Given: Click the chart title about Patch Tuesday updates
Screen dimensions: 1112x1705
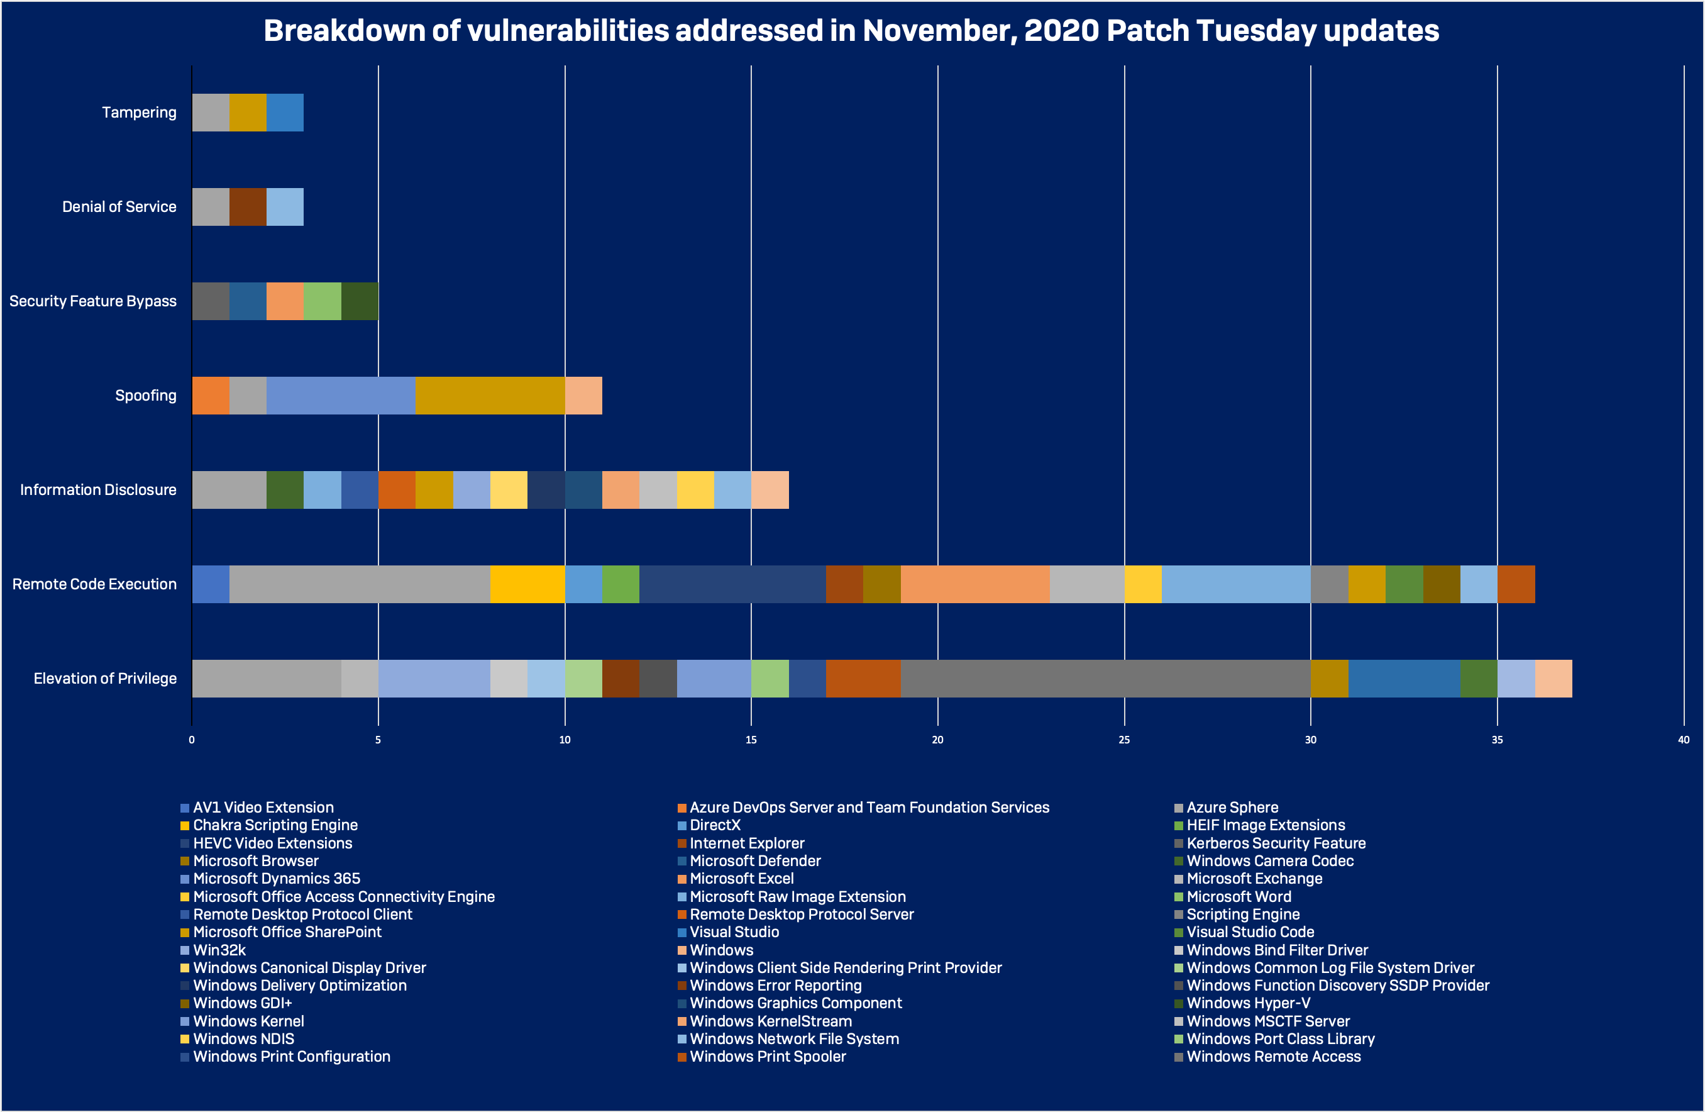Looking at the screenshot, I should pos(851,31).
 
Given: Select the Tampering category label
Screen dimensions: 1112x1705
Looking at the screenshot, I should pos(139,113).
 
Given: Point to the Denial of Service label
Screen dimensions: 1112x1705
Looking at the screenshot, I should pos(119,207).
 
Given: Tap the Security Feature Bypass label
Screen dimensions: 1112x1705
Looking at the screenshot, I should pos(92,301).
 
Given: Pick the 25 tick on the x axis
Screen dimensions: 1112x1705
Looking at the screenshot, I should pos(1124,740).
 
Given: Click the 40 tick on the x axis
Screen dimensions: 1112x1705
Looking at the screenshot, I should pos(1683,740).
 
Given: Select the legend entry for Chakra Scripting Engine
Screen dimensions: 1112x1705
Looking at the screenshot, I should pos(275,825).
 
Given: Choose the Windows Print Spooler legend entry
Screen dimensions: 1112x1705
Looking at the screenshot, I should pos(767,1057).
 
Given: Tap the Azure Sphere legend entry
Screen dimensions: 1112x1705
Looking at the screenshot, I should pos(1232,808).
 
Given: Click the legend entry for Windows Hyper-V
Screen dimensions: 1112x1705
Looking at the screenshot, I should pos(1248,1003).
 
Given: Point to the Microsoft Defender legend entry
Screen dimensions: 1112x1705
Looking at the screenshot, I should pos(755,861).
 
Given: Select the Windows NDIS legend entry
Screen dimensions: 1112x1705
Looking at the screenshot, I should pos(243,1039).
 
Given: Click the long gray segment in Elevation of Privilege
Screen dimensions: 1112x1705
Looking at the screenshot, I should pos(1105,679).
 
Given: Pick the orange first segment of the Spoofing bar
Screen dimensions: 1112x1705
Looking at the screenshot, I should pos(211,396).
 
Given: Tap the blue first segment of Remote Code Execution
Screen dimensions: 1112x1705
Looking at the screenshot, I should pos(211,584).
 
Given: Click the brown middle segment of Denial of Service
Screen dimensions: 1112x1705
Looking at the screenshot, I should pos(248,207).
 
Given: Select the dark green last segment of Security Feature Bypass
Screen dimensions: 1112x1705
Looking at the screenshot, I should pos(360,301).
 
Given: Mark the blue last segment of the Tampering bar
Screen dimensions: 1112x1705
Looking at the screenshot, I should pos(285,113).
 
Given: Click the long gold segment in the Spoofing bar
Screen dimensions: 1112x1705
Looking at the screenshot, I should pos(490,396).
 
